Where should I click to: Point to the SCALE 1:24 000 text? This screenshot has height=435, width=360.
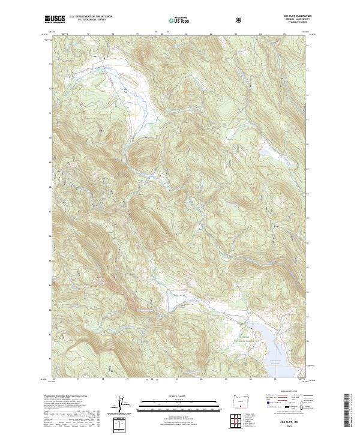(x=171, y=396)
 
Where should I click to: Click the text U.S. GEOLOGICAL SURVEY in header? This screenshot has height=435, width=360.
(x=91, y=20)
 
